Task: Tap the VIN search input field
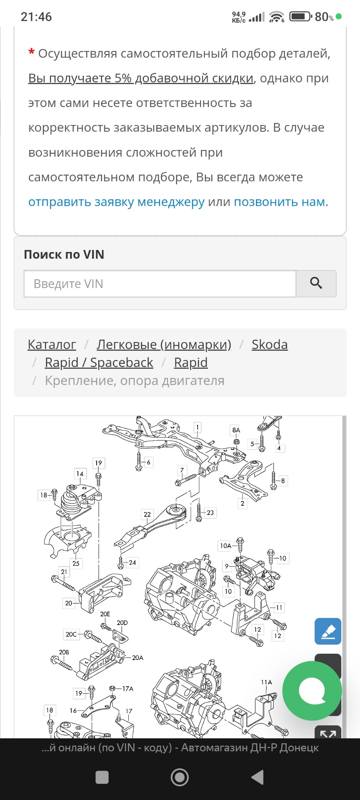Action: click(160, 284)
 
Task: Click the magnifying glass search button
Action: click(316, 284)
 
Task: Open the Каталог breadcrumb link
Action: click(52, 345)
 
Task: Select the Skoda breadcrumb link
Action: click(270, 345)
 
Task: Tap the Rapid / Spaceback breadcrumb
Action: click(99, 362)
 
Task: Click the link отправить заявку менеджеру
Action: click(116, 202)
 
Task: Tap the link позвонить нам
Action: click(281, 202)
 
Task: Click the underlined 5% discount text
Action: click(141, 78)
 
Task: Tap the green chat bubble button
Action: click(312, 691)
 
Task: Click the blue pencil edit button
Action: click(328, 631)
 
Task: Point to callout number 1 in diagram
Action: click(197, 427)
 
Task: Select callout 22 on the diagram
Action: click(147, 515)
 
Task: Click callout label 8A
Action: click(236, 430)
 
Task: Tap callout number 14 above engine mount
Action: click(80, 474)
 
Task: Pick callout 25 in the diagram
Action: click(76, 563)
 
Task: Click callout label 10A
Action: click(225, 545)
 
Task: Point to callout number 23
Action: click(210, 513)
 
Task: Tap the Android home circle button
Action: click(180, 777)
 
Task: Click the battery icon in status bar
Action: click(300, 17)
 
